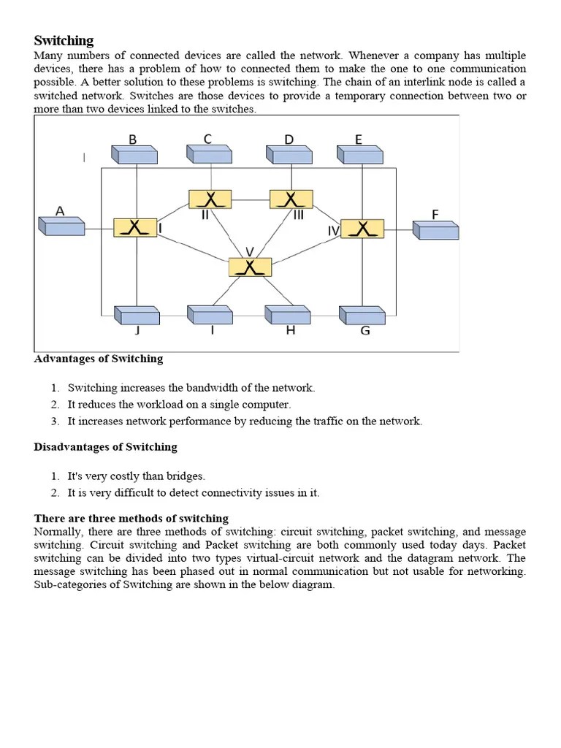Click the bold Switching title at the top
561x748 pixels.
coord(64,40)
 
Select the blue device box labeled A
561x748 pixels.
coord(61,226)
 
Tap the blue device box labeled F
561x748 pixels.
coord(435,230)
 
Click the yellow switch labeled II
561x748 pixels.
coord(210,199)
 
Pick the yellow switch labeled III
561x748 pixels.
coord(291,199)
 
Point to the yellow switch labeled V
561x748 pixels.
coord(250,267)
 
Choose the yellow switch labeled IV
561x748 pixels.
coord(362,229)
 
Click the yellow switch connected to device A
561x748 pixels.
coord(135,227)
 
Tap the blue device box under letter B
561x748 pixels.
coord(134,154)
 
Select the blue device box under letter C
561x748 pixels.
coord(210,154)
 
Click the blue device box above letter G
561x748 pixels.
coord(362,314)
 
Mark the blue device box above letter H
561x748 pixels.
coord(288,314)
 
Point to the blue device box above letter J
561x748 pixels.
coord(137,314)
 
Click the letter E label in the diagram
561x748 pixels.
coord(359,140)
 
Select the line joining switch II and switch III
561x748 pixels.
coord(251,199)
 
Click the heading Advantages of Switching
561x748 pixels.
coord(99,359)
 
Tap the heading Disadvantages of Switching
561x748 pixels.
coord(105,446)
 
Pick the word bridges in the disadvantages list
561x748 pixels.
coord(186,476)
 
